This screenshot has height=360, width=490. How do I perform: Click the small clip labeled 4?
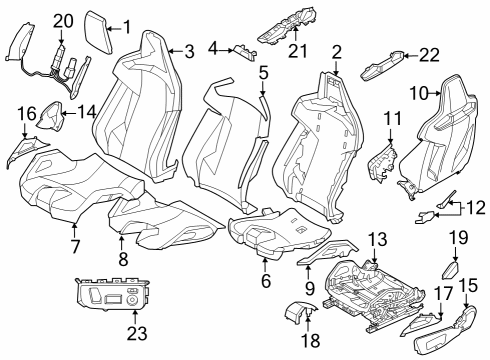click(x=243, y=52)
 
